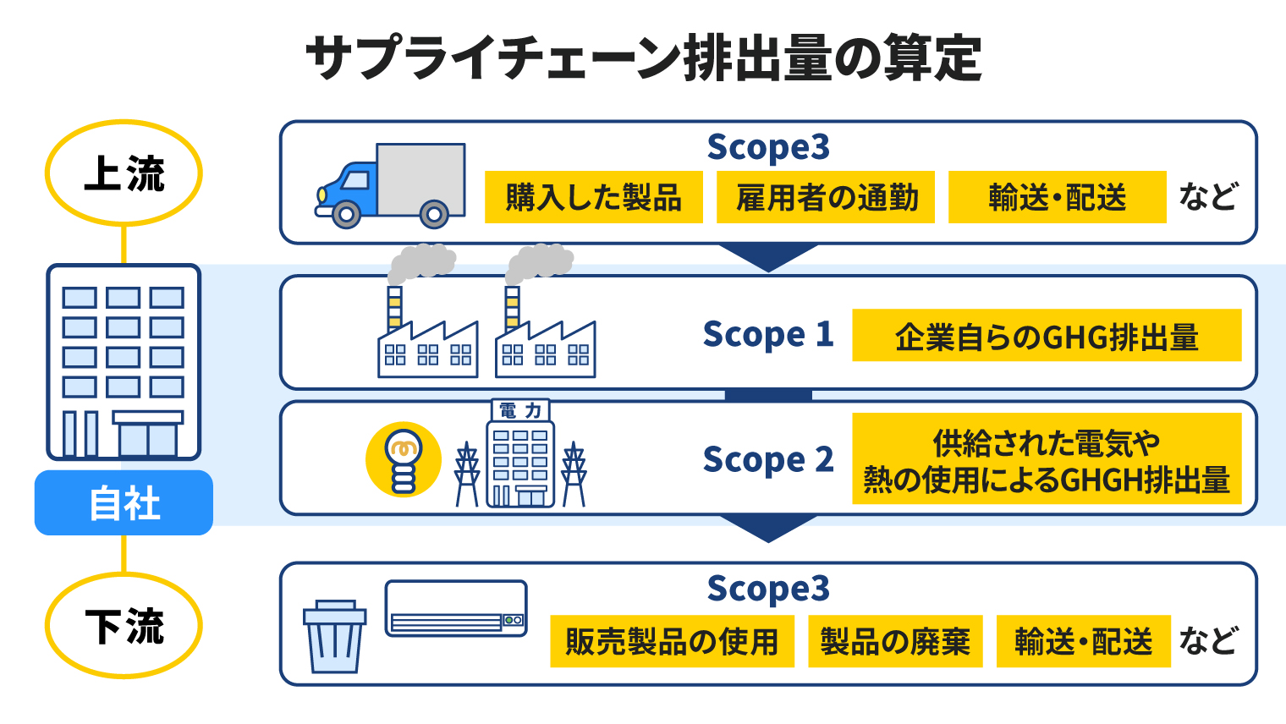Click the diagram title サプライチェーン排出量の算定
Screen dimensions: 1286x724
click(644, 58)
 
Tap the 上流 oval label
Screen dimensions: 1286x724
click(124, 173)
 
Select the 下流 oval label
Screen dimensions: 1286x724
click(124, 625)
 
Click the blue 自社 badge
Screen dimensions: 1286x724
click(124, 503)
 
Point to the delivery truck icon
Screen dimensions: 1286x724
click(390, 185)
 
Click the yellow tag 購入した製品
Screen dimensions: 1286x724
click(594, 197)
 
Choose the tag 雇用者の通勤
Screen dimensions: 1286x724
click(826, 197)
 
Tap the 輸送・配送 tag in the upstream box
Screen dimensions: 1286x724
click(1058, 197)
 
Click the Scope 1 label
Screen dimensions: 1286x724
click(768, 334)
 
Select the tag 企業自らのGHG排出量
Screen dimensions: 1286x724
click(1047, 335)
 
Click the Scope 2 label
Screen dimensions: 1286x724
click(768, 459)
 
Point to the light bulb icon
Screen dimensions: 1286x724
click(404, 460)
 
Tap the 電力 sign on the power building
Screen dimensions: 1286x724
click(520, 410)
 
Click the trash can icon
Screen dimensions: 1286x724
click(335, 637)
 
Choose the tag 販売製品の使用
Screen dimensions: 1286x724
click(673, 641)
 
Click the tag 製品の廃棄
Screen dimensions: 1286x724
click(896, 641)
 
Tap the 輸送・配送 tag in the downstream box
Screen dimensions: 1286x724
click(1083, 641)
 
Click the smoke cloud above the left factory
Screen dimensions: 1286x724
click(422, 263)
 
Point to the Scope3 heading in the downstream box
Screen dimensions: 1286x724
click(768, 589)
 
